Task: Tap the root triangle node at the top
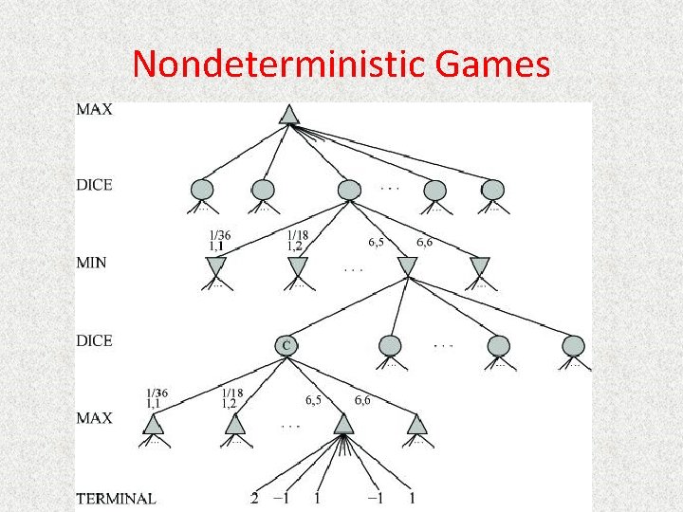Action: click(289, 115)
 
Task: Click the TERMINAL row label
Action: click(116, 498)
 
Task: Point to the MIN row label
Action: click(93, 262)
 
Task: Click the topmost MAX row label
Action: click(94, 109)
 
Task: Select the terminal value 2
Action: click(254, 498)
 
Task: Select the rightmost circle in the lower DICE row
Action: click(573, 346)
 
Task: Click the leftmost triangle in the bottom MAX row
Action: click(154, 424)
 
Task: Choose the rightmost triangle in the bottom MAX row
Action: click(417, 424)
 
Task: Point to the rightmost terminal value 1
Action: click(413, 498)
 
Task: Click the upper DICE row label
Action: click(94, 185)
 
